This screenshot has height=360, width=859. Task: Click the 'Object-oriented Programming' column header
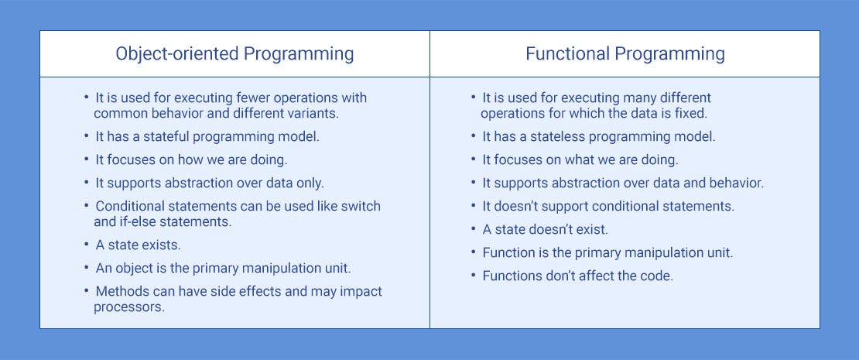click(x=234, y=54)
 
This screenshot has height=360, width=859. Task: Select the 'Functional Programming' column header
click(x=625, y=54)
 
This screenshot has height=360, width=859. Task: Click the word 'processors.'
click(x=128, y=307)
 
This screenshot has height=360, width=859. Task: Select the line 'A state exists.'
click(x=138, y=245)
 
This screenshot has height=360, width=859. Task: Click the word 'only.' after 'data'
click(x=318, y=183)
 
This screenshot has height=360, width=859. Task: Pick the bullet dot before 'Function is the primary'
click(x=474, y=252)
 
